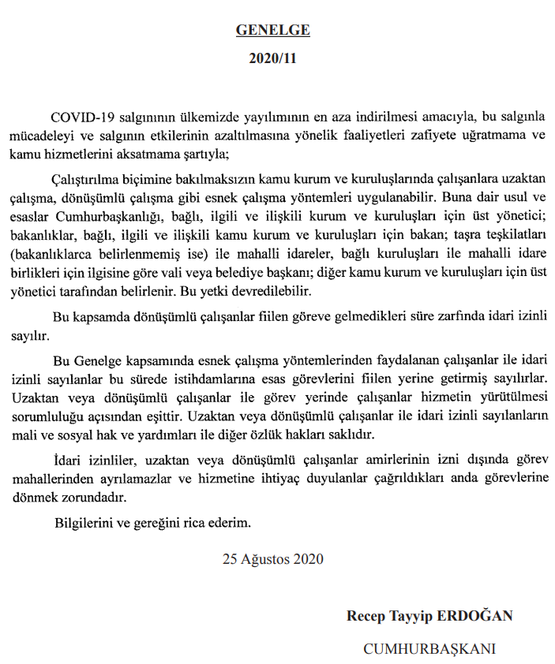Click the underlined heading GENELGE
(272, 31)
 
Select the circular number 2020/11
(272, 58)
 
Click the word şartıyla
(207, 152)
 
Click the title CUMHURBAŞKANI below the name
(429, 648)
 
